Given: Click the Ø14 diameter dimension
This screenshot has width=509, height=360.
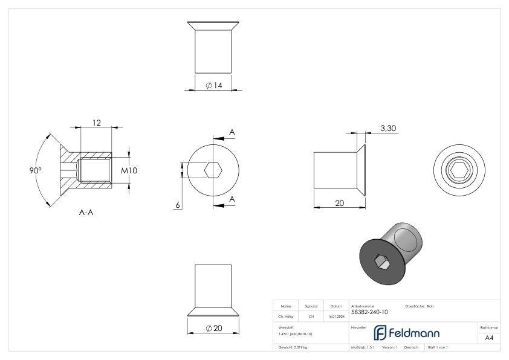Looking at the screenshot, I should point(214,86).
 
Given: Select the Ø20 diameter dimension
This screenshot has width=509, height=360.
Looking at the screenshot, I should point(214,327).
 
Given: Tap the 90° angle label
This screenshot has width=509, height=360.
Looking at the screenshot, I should point(36,170).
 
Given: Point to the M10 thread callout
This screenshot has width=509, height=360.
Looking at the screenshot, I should point(129,171).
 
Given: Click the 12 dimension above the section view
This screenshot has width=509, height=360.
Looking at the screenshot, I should point(96,123).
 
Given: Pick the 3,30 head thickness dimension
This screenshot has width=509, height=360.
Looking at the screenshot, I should point(388,128).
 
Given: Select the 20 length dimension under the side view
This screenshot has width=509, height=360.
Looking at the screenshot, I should point(339,203).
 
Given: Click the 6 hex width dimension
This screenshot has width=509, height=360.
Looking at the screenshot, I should point(178,205).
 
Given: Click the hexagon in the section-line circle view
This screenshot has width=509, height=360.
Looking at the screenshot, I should point(212,171).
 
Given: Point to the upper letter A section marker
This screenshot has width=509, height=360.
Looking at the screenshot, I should point(232,132).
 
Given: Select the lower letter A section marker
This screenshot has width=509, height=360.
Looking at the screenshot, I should point(232,200).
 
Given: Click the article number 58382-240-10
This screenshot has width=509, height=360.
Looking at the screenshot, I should point(369,312).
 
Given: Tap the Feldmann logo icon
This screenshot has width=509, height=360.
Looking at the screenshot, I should point(382,333).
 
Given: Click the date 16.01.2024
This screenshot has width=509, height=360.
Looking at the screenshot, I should point(336,315).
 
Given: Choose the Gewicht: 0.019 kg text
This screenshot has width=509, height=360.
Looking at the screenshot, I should point(294,347).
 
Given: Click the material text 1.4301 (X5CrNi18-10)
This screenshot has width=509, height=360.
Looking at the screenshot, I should point(296,334).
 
